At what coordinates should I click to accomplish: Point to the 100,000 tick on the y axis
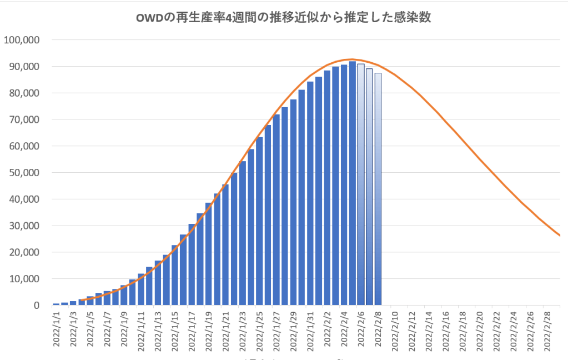coord(22,40)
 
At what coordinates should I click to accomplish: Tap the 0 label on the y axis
coord(37,306)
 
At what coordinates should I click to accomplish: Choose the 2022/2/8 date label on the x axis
coord(378,330)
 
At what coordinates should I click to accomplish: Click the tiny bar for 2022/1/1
coord(56,304)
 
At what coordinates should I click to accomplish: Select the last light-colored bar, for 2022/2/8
coord(378,189)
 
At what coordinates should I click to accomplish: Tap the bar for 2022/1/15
coord(174,275)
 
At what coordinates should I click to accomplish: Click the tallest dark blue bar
coord(353,183)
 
